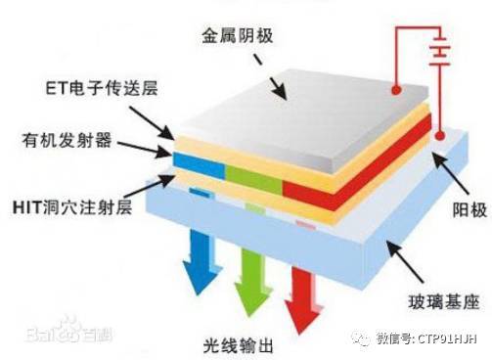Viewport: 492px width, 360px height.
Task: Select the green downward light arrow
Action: pyautogui.click(x=251, y=269)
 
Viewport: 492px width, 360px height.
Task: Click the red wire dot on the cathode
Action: pyautogui.click(x=396, y=91)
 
